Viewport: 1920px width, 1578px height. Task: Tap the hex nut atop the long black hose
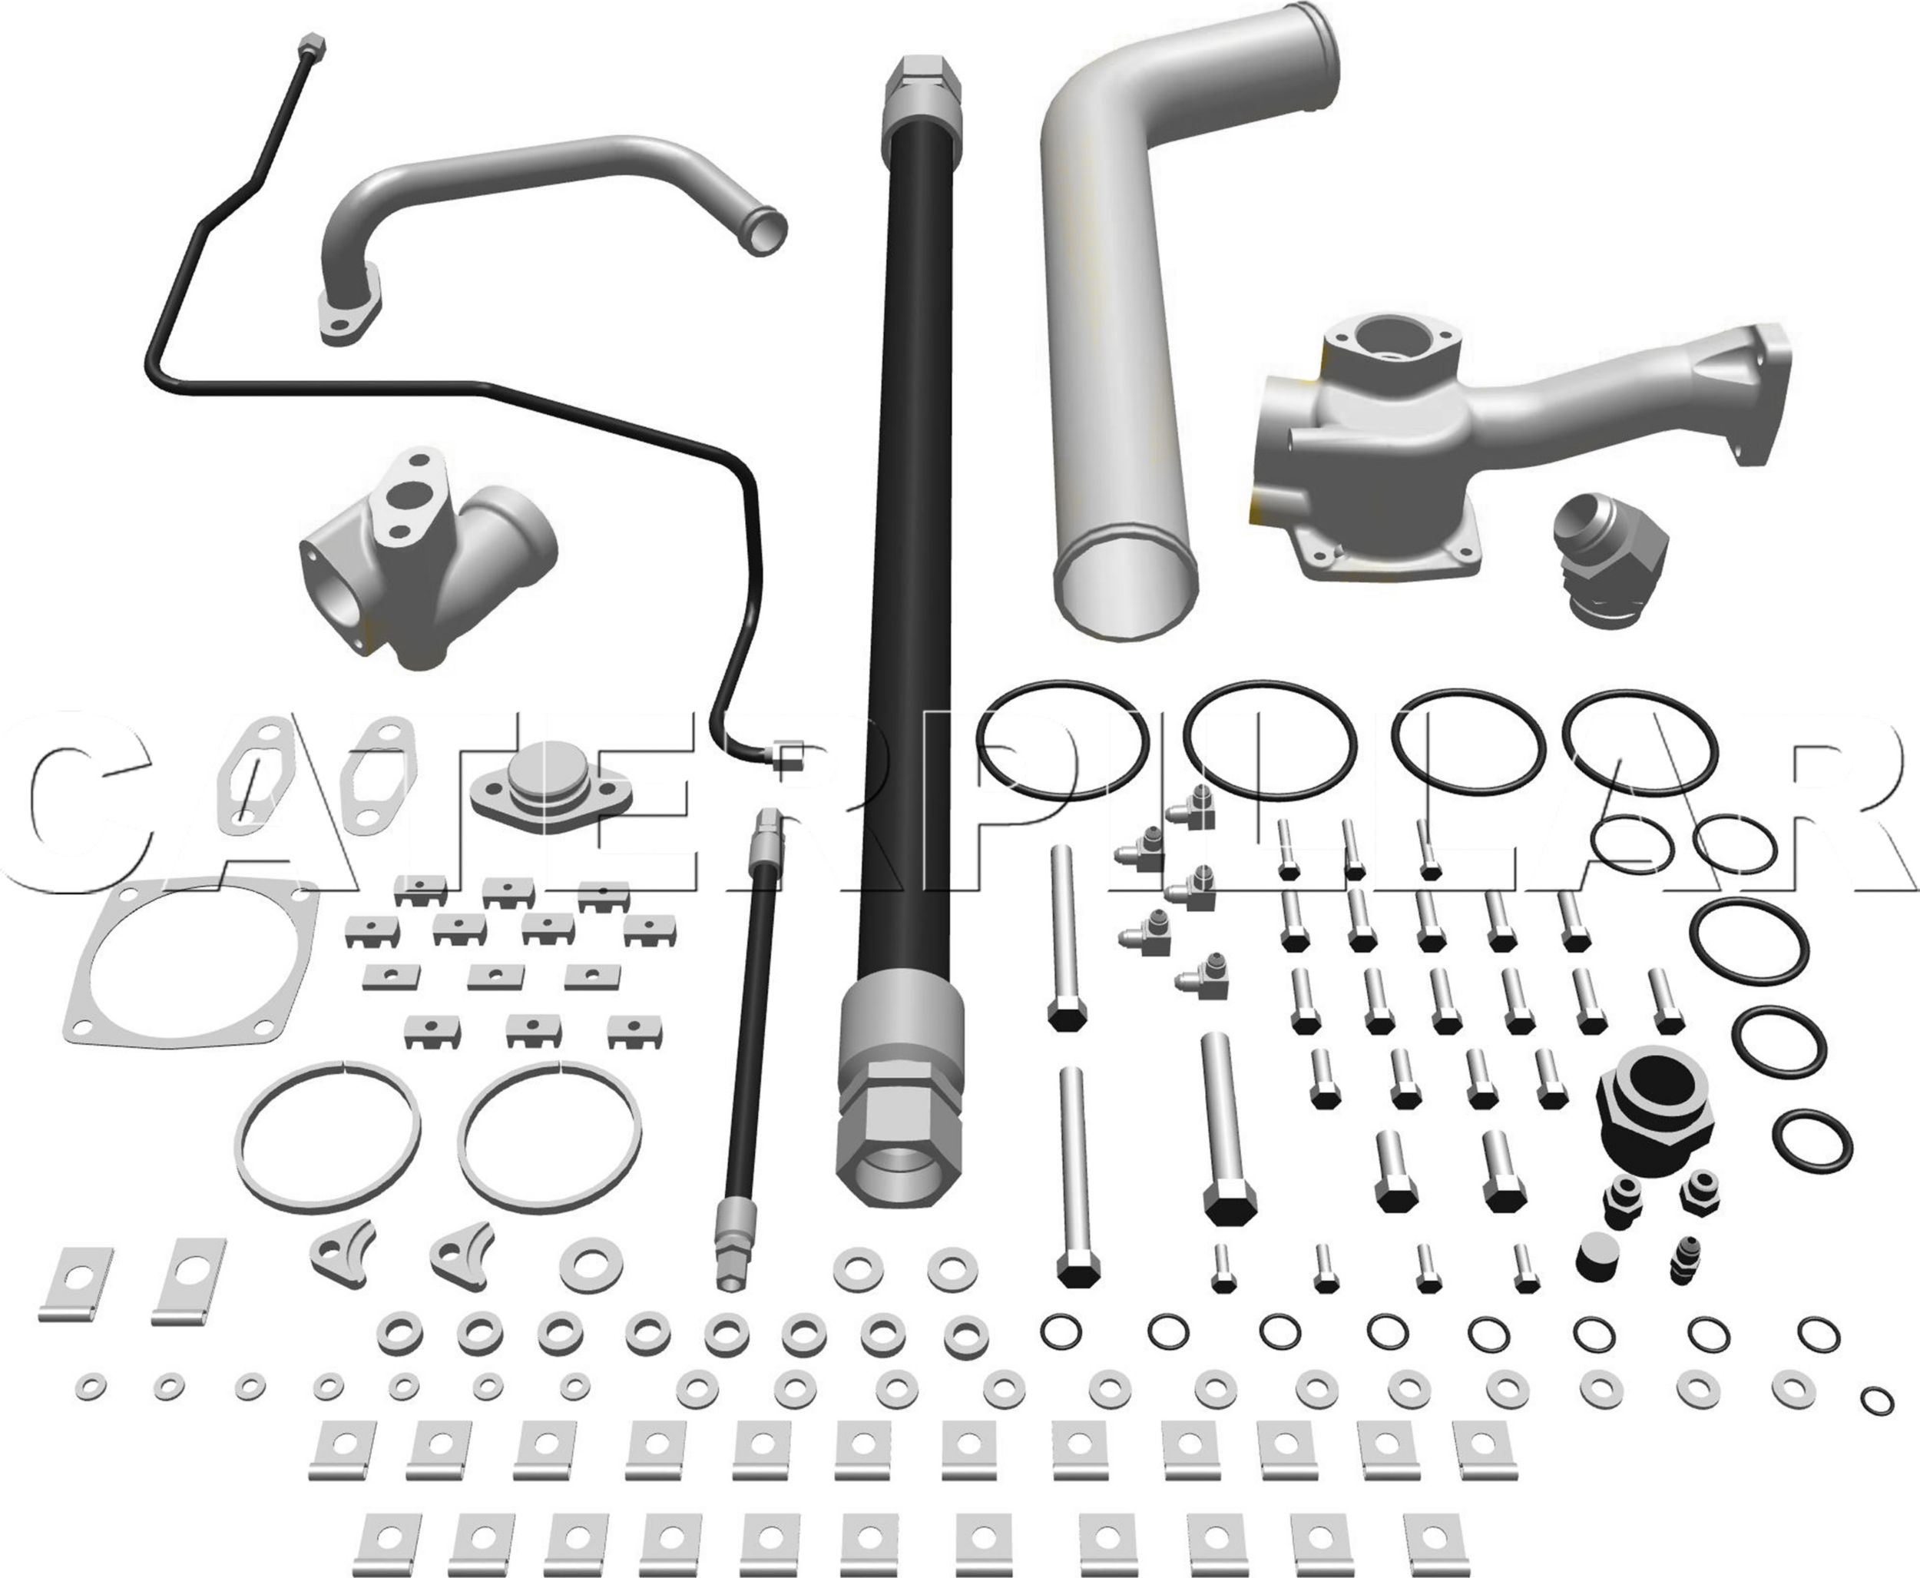click(921, 84)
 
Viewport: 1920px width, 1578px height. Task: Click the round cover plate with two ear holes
click(551, 800)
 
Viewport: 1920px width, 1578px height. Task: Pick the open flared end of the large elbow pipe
click(1125, 579)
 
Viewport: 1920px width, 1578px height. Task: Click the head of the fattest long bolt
click(1230, 1206)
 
